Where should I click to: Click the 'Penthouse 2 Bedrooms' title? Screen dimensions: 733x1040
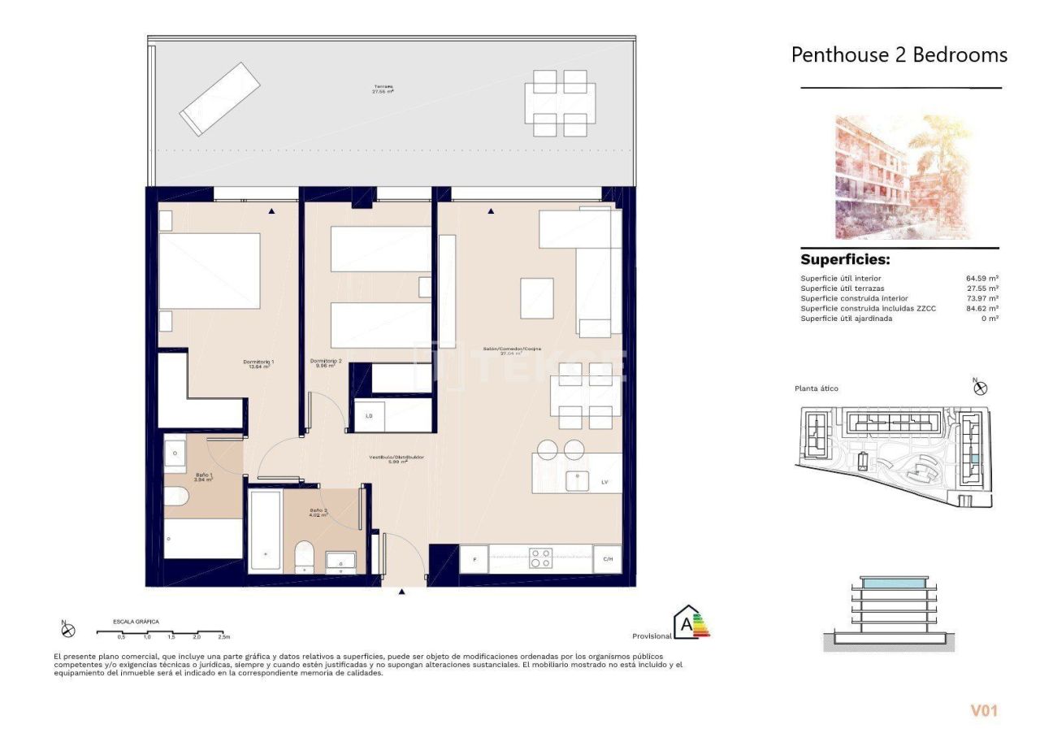coord(899,55)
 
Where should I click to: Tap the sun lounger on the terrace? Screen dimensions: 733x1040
coord(219,98)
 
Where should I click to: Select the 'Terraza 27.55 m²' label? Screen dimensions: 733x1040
coord(383,89)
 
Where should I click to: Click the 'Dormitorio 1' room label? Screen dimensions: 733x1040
coord(258,364)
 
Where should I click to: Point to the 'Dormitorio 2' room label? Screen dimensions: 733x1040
coord(326,364)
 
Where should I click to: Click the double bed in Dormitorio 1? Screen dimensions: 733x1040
coord(210,271)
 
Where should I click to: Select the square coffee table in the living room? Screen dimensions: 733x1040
coord(536,298)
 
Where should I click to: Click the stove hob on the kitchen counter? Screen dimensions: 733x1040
coord(540,558)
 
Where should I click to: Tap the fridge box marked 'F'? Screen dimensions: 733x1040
coord(474,559)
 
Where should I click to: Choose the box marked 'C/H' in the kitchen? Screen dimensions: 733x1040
coord(607,559)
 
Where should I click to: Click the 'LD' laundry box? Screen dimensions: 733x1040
coord(370,416)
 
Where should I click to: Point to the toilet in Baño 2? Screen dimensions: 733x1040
coord(304,557)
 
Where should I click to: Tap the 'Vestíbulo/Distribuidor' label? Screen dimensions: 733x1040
coord(396,459)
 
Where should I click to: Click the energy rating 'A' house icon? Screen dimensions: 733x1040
coord(689,622)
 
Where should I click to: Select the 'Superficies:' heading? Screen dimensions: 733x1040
coord(845,260)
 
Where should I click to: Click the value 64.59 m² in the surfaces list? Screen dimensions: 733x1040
coord(981,279)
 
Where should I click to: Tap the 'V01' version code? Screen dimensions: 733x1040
coord(983,710)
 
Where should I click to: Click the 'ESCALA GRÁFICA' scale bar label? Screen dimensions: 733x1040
coord(136,622)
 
